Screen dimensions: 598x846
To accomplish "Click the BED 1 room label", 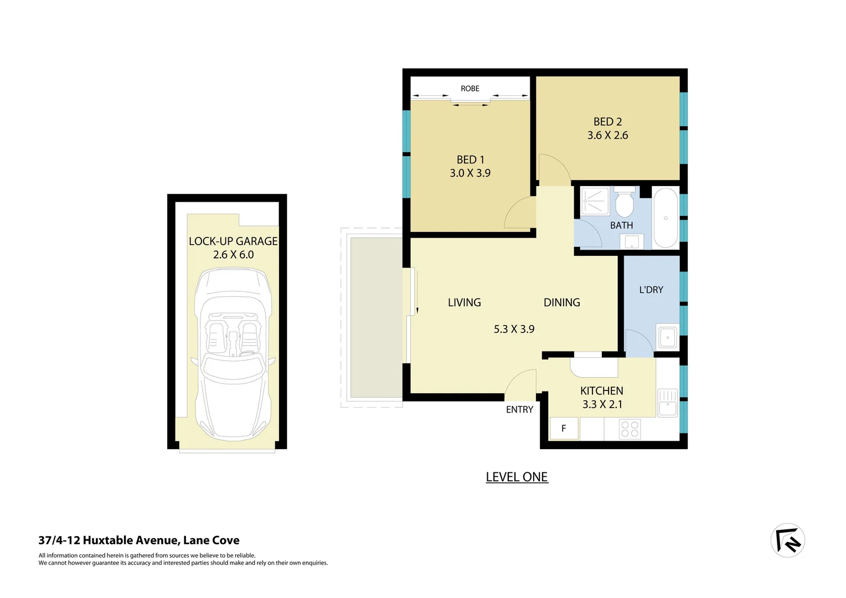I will [470, 159].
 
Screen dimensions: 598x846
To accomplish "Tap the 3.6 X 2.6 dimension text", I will [607, 135].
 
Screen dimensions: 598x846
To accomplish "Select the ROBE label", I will [470, 89].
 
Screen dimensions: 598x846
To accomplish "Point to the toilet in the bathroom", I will [625, 204].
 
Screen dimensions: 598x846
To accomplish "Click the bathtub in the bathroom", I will [665, 218].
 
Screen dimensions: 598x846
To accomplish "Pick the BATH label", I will [621, 225].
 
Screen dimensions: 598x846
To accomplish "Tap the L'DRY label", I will [651, 290].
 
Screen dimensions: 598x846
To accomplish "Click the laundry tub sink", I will [667, 337].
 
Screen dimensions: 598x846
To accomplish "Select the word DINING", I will [561, 302].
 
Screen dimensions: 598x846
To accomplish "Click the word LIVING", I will [464, 302].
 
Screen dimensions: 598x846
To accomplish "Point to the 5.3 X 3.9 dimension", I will [514, 329].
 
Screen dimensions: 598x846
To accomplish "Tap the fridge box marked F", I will [564, 428].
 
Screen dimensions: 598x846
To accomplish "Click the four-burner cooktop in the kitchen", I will [630, 429].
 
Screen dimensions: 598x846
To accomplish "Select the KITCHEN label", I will [601, 391].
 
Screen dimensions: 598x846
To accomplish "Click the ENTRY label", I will [519, 410].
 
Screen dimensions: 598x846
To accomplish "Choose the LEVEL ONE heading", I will [517, 477].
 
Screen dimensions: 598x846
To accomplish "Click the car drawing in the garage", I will [233, 354].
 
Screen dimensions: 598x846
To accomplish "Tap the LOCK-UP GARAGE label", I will [233, 241].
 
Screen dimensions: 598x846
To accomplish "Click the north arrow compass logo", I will [787, 540].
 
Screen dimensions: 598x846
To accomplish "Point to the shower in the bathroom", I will [595, 202].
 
